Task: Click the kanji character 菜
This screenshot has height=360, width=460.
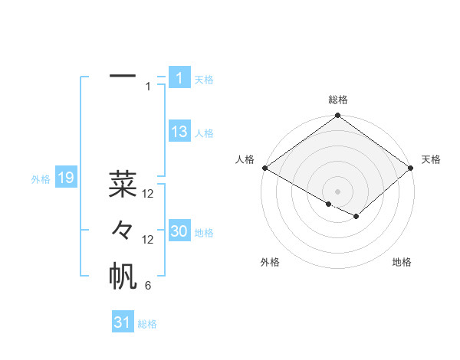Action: pyautogui.click(x=123, y=184)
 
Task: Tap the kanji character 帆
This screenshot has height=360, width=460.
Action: pyautogui.click(x=123, y=277)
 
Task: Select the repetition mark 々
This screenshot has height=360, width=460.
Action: pyautogui.click(x=123, y=231)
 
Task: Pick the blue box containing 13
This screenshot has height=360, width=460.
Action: pyautogui.click(x=179, y=132)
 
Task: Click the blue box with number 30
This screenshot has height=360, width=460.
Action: pyautogui.click(x=179, y=231)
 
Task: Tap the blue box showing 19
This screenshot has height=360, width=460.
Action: pyautogui.click(x=65, y=178)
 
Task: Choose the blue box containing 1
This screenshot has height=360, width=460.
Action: pyautogui.click(x=179, y=77)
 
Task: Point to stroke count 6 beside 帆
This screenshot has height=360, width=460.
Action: pyautogui.click(x=148, y=286)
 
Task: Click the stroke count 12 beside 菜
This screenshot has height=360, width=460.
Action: pyautogui.click(x=148, y=194)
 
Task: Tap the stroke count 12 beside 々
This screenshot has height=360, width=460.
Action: pyautogui.click(x=148, y=240)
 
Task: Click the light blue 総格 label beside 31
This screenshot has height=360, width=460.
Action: pyautogui.click(x=147, y=324)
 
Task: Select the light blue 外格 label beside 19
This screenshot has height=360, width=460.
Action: pyautogui.click(x=41, y=179)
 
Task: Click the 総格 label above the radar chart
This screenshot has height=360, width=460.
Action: pyautogui.click(x=338, y=100)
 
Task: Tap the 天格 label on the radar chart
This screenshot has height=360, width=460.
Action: pyautogui.click(x=431, y=159)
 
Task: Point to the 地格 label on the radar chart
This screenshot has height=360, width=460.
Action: pyautogui.click(x=402, y=262)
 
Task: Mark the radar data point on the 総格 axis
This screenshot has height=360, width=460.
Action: pyautogui.click(x=338, y=116)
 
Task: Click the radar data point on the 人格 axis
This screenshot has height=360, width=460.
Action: pyautogui.click(x=264, y=168)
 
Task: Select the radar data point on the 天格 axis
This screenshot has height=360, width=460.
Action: pyautogui.click(x=412, y=168)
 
